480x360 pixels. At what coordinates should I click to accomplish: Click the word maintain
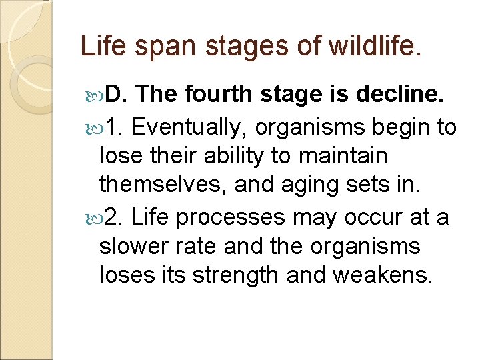coord(349,155)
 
